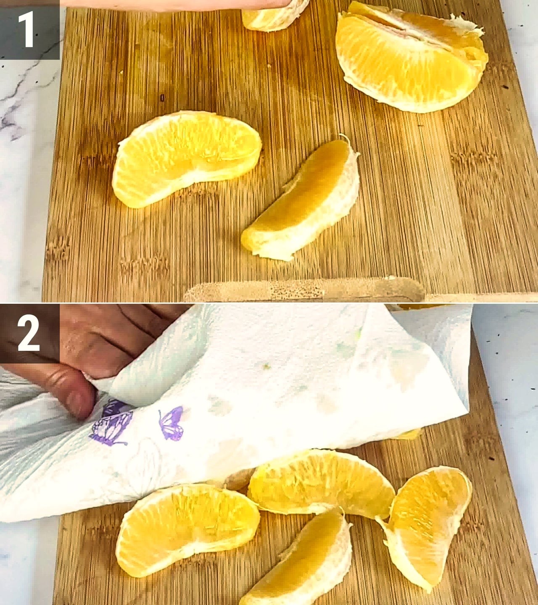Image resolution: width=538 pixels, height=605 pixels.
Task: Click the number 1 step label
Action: point(29,29)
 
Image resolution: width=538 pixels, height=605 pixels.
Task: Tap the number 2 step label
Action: point(29,333)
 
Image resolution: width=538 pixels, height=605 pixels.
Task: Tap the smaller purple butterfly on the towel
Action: point(171,423)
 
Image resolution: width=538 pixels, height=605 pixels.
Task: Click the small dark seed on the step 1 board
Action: point(162,97)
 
